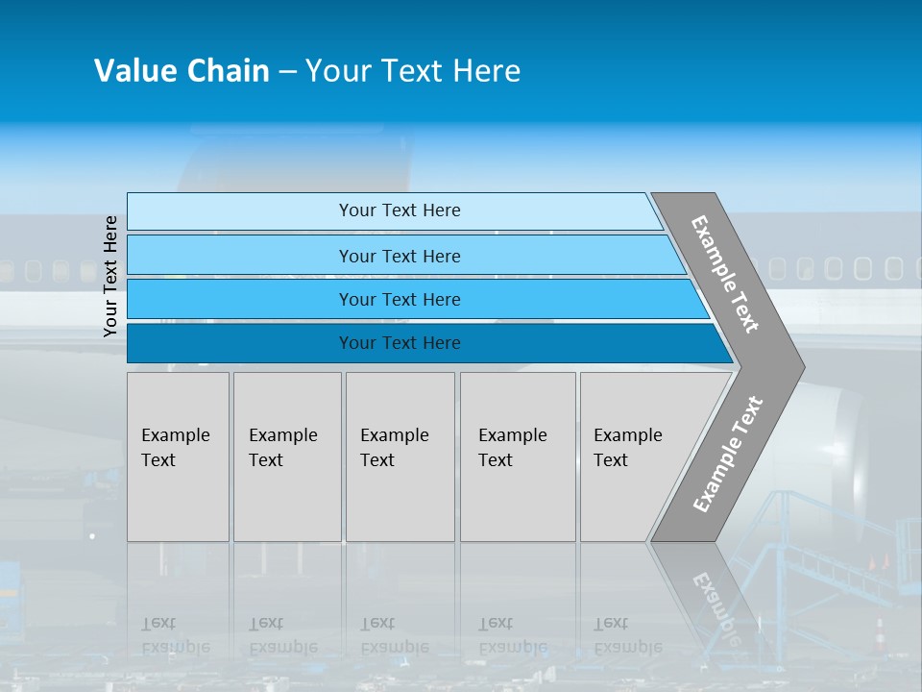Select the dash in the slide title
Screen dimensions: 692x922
[x=287, y=72]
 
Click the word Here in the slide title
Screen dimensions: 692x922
[x=486, y=71]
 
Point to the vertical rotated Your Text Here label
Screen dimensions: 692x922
[x=110, y=276]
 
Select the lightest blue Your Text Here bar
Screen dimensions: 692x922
[x=399, y=210]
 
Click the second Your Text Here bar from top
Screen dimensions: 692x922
[x=399, y=256]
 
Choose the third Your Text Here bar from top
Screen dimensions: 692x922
[x=399, y=299]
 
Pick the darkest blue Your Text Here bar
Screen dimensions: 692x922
[x=399, y=343]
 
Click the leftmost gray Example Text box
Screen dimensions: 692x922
[x=178, y=457]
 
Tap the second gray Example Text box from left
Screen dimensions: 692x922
[x=287, y=457]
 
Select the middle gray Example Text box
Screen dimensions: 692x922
[x=400, y=457]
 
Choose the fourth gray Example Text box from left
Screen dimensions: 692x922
[x=518, y=457]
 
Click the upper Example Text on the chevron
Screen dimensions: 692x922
[x=726, y=274]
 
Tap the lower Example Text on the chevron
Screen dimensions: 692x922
[x=728, y=454]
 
